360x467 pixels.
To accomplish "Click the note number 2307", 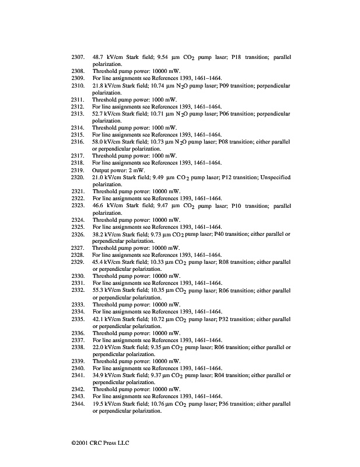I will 78,57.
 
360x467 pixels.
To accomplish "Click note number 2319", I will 78,170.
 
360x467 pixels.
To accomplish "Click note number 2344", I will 78,403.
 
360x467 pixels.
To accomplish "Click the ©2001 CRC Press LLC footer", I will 97,442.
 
